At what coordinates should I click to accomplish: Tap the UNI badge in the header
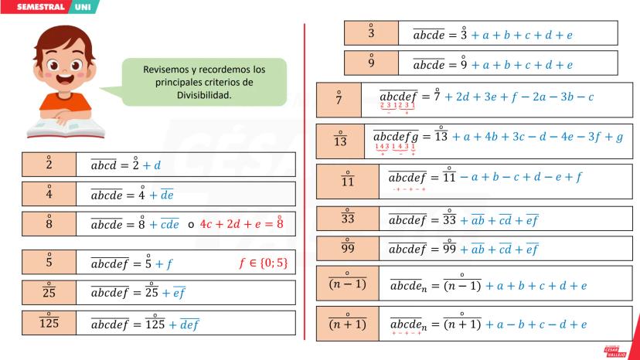(83, 7)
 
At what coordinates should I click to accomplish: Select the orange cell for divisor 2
(49, 165)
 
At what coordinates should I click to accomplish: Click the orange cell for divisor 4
(49, 194)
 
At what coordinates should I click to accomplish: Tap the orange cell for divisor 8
(49, 223)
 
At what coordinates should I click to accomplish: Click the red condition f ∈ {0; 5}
(263, 263)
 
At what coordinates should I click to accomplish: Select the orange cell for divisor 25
(49, 292)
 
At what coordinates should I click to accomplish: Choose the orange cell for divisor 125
(49, 322)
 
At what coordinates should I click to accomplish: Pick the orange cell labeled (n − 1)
(347, 284)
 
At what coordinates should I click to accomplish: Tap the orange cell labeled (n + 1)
(347, 324)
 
